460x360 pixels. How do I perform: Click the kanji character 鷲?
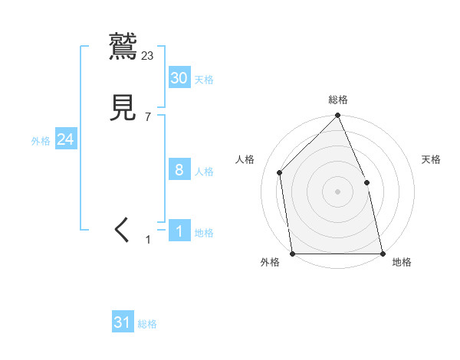point(123,46)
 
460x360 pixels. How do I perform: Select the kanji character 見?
point(123,108)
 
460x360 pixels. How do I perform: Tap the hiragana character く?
point(122,230)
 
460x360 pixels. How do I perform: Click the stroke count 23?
point(148,55)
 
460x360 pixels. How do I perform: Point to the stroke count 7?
point(148,117)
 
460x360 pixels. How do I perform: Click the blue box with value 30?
point(179,77)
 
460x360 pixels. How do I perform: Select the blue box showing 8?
point(179,170)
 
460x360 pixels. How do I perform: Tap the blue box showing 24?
point(65,139)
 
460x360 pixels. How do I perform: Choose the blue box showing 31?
point(123,322)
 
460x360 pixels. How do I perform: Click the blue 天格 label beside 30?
point(204,80)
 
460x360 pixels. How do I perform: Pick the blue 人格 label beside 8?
point(204,172)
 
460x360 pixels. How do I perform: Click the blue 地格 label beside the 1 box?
point(204,233)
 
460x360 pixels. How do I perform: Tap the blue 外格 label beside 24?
point(41,141)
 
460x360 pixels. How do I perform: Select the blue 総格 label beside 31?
point(147,325)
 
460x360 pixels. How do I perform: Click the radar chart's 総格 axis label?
point(338,100)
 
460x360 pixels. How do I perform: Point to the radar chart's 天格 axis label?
point(432,159)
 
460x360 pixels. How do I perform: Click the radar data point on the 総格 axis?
point(338,116)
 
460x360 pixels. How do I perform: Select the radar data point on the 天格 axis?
point(366,182)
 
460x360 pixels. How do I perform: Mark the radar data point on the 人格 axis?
point(280,172)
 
